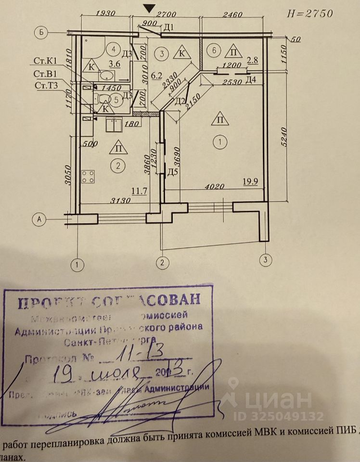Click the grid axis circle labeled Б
coord(42,33)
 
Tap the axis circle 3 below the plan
coord(264,260)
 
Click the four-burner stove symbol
coord(88,177)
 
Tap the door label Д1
coord(168,26)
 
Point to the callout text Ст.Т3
coord(45,85)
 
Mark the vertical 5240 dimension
coord(288,137)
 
